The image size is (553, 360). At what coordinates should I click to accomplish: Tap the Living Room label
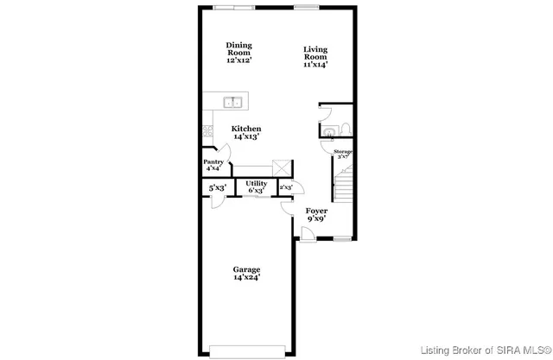coord(315,56)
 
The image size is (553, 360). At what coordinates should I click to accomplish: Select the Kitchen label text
coord(245,132)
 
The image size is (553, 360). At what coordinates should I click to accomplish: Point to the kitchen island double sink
coord(232,103)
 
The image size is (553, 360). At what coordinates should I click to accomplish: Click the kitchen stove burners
coord(207,132)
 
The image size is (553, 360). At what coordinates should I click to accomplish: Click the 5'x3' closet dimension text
coord(217,187)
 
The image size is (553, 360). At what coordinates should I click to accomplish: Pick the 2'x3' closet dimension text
coord(285,187)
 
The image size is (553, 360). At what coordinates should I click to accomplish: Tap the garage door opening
coord(245,351)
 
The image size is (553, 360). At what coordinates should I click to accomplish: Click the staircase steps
coord(343,186)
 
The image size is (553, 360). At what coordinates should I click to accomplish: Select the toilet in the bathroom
coord(344,129)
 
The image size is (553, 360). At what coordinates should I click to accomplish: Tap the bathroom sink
coord(328,130)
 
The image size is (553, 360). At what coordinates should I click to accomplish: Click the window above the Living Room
coord(306,7)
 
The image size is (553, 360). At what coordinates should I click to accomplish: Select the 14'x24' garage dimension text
coord(246,277)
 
